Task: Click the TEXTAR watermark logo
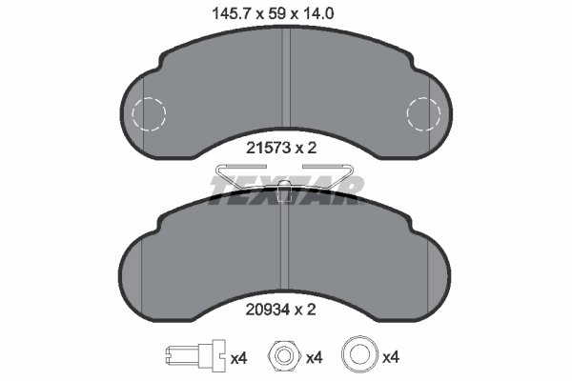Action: pos(286,189)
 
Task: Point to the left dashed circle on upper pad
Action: pos(149,115)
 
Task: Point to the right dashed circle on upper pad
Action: pos(423,115)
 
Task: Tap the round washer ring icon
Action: pos(359,358)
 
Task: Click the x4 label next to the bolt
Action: pos(239,359)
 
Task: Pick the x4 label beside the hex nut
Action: pos(314,359)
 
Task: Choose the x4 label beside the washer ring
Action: pos(390,359)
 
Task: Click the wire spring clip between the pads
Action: pos(286,174)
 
